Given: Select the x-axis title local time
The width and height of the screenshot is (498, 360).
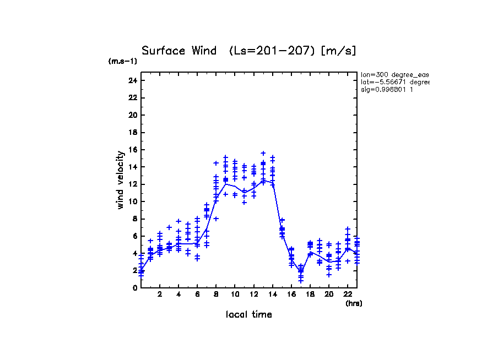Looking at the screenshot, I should pos(248,314).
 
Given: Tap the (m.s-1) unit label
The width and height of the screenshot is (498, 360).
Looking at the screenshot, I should pos(123,61).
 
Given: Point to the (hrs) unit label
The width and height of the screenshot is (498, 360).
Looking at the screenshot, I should pos(354,303).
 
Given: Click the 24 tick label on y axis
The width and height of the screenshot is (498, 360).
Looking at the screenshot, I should pos(132,80).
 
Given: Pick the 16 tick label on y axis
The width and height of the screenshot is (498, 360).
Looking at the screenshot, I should pos(132,150).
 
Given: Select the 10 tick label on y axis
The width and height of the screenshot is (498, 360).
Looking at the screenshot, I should pos(132,201).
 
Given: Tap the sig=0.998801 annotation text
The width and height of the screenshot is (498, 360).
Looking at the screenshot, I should pos(387,90).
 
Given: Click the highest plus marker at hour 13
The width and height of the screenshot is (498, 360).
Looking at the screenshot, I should pos(263,153).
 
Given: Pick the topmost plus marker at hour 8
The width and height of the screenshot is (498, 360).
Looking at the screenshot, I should pos(216,163).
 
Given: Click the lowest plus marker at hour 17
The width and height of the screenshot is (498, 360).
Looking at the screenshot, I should pos(301,281).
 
